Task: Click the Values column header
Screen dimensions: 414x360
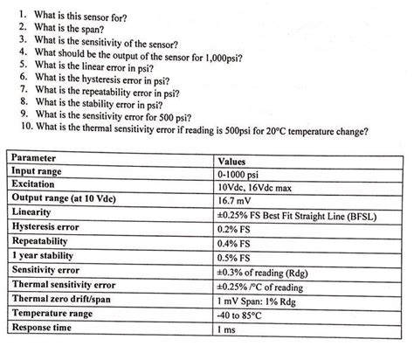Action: (x=233, y=160)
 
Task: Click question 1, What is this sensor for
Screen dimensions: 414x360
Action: (x=96, y=16)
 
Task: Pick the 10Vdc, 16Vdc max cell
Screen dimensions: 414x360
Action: (x=261, y=186)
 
